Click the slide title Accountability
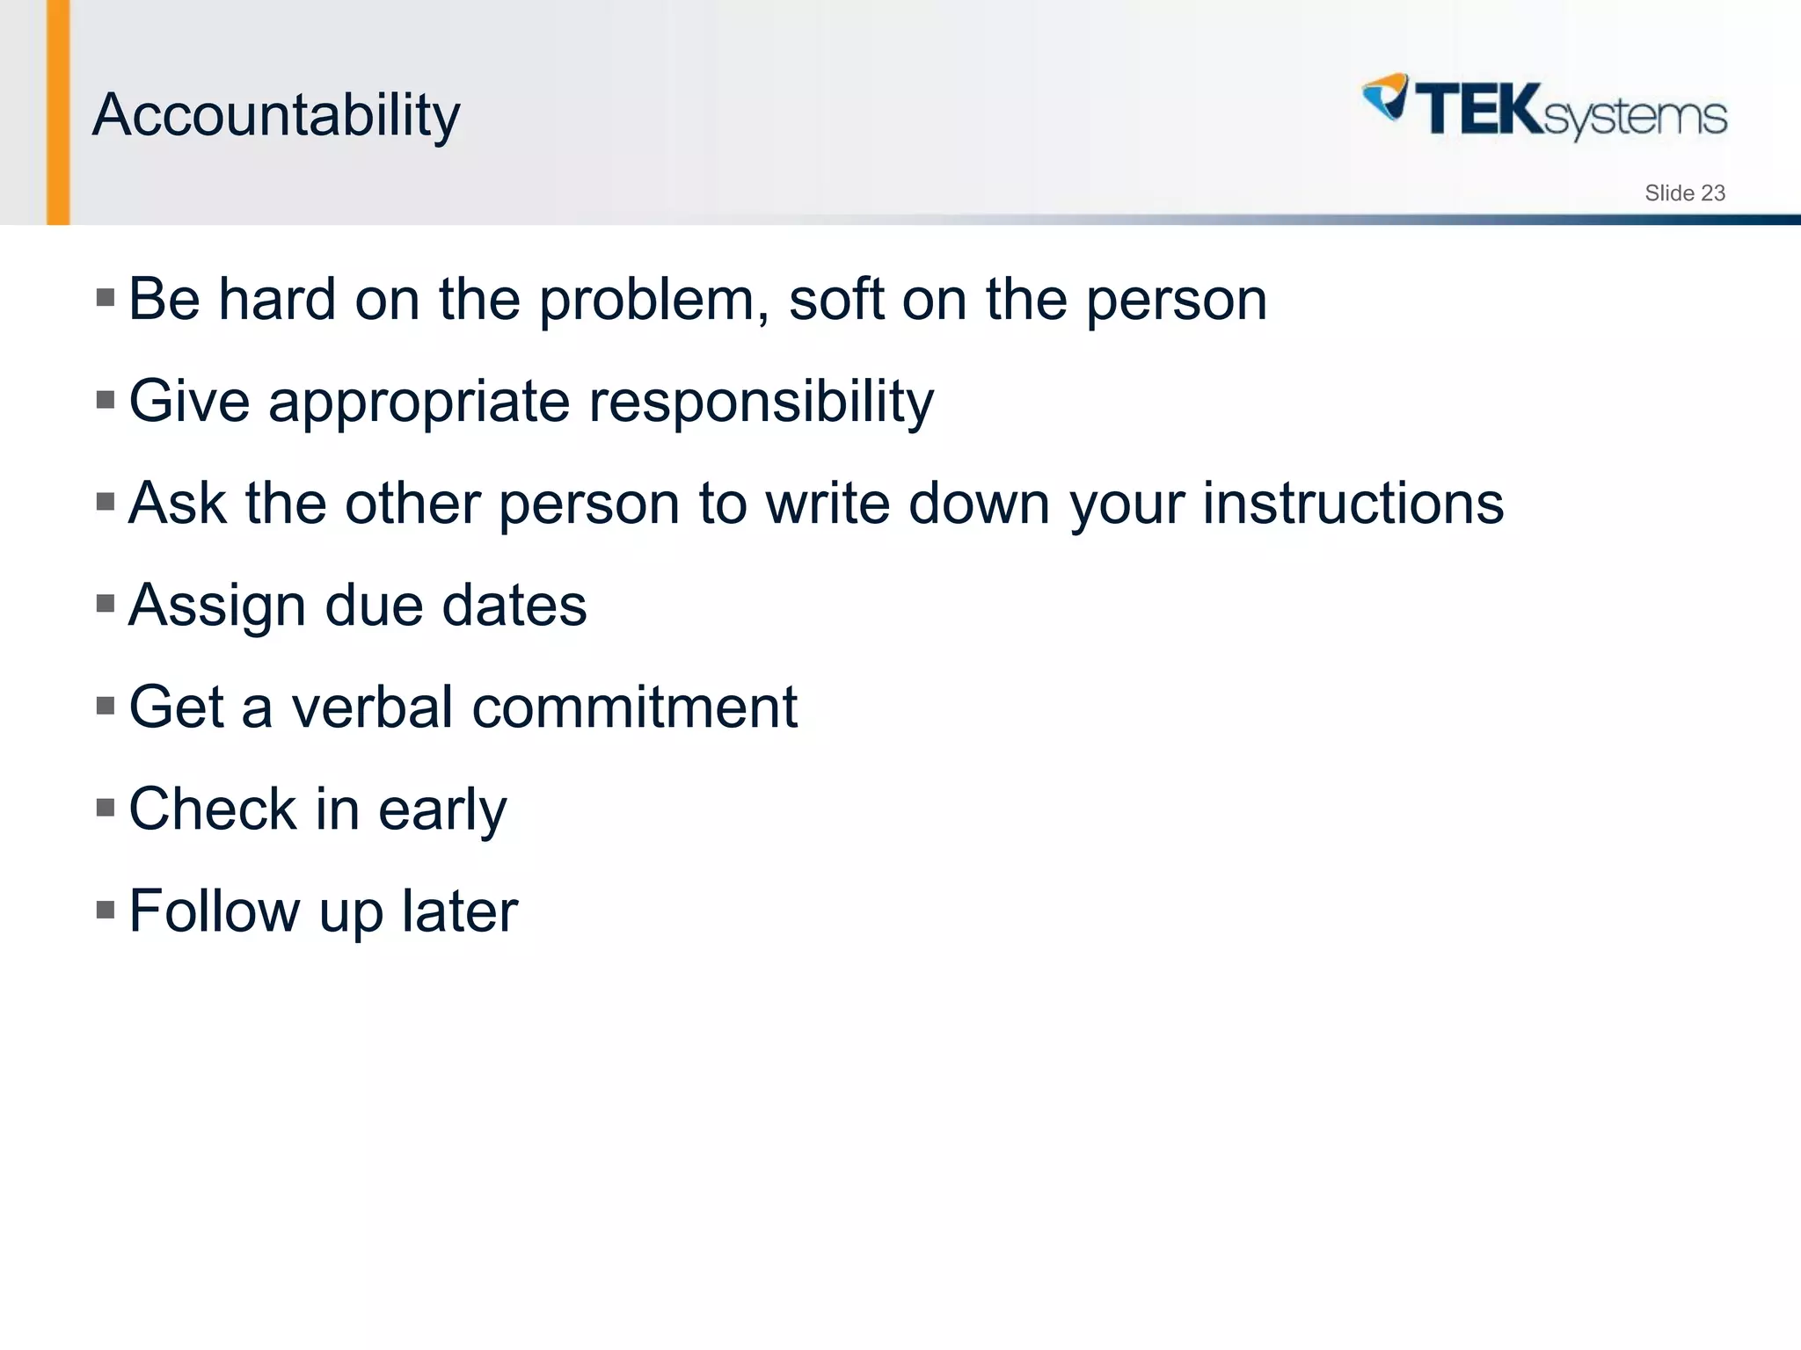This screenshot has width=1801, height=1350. click(x=275, y=115)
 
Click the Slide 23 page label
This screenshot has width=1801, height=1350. click(x=1684, y=193)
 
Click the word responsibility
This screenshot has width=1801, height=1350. click(x=761, y=402)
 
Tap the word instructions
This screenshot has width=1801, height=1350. click(x=1353, y=504)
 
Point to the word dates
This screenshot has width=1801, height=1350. click(x=514, y=606)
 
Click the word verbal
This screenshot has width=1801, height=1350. click(x=372, y=708)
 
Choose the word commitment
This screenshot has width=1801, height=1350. click(x=634, y=708)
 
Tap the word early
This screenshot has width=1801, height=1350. click(x=441, y=810)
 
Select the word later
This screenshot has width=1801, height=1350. click(x=459, y=911)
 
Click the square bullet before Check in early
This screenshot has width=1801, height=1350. click(x=106, y=807)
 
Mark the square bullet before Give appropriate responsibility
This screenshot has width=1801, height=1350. click(x=106, y=400)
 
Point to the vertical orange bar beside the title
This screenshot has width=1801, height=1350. click(x=58, y=112)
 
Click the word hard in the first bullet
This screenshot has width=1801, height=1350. click(x=277, y=299)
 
